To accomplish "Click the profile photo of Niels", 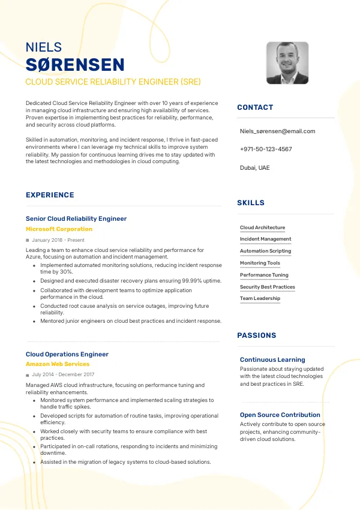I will tap(287, 63).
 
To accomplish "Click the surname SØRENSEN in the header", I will tap(75, 65).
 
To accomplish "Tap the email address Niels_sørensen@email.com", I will tap(277, 131).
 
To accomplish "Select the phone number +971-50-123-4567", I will tap(266, 149).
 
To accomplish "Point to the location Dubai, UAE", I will tap(254, 167).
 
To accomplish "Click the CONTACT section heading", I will tap(255, 107).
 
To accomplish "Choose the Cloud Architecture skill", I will tap(262, 227).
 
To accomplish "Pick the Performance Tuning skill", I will tap(264, 275).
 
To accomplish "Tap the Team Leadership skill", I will tap(260, 298).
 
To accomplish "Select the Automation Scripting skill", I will tap(265, 251).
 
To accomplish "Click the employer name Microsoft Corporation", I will tap(59, 229).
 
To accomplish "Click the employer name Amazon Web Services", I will tap(58, 364).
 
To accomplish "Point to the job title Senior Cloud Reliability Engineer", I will tap(76, 219).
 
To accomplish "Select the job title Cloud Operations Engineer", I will tap(67, 354).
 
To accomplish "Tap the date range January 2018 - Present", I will tap(58, 240).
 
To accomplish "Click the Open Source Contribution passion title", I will tap(280, 415).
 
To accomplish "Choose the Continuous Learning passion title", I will tap(272, 359).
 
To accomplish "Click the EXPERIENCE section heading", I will tap(50, 195).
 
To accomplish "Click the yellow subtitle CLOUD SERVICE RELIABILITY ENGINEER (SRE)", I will tap(113, 82).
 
